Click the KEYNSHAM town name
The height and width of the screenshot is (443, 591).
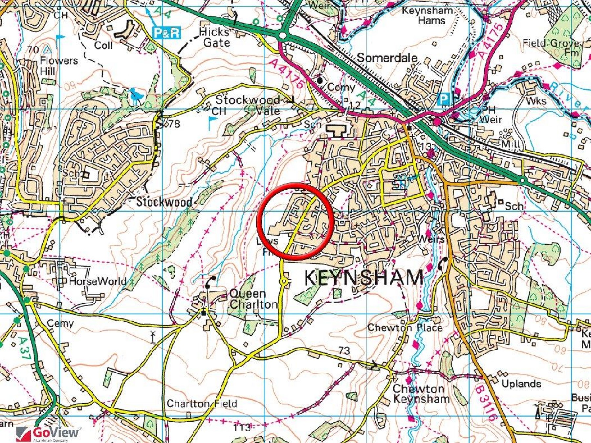click(363, 278)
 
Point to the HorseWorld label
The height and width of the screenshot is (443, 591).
click(98, 281)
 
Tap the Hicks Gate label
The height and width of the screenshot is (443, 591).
click(215, 37)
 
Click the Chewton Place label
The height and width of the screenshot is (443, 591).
click(405, 327)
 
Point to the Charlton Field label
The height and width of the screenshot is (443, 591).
click(202, 403)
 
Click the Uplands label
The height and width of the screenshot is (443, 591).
click(521, 384)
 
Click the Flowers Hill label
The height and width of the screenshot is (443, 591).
click(59, 65)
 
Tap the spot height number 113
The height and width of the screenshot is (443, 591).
click(242, 428)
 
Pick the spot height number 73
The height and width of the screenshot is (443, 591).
click(344, 351)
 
